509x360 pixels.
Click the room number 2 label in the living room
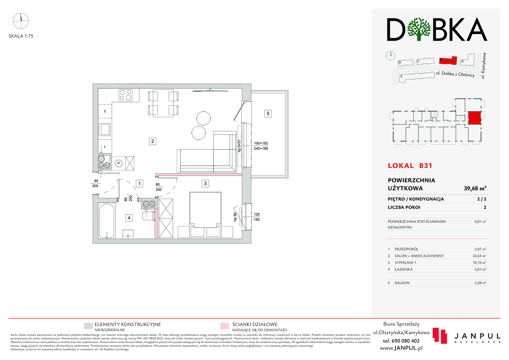click(152, 141)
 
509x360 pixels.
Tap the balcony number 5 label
click(268, 114)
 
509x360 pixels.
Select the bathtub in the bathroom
click(107, 221)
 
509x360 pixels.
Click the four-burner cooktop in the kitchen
click(125, 95)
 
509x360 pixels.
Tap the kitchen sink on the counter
click(104, 130)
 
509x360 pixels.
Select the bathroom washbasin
click(128, 234)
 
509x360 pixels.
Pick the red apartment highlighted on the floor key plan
click(475, 118)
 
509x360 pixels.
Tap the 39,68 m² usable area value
click(475, 188)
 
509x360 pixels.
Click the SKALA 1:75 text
click(21, 36)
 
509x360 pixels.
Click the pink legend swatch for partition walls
click(225, 326)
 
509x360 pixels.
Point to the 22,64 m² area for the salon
click(479, 256)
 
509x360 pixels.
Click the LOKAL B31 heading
click(410, 166)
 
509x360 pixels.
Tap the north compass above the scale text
click(21, 21)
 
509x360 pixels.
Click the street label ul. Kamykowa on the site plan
click(483, 66)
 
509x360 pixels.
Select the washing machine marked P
click(119, 163)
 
